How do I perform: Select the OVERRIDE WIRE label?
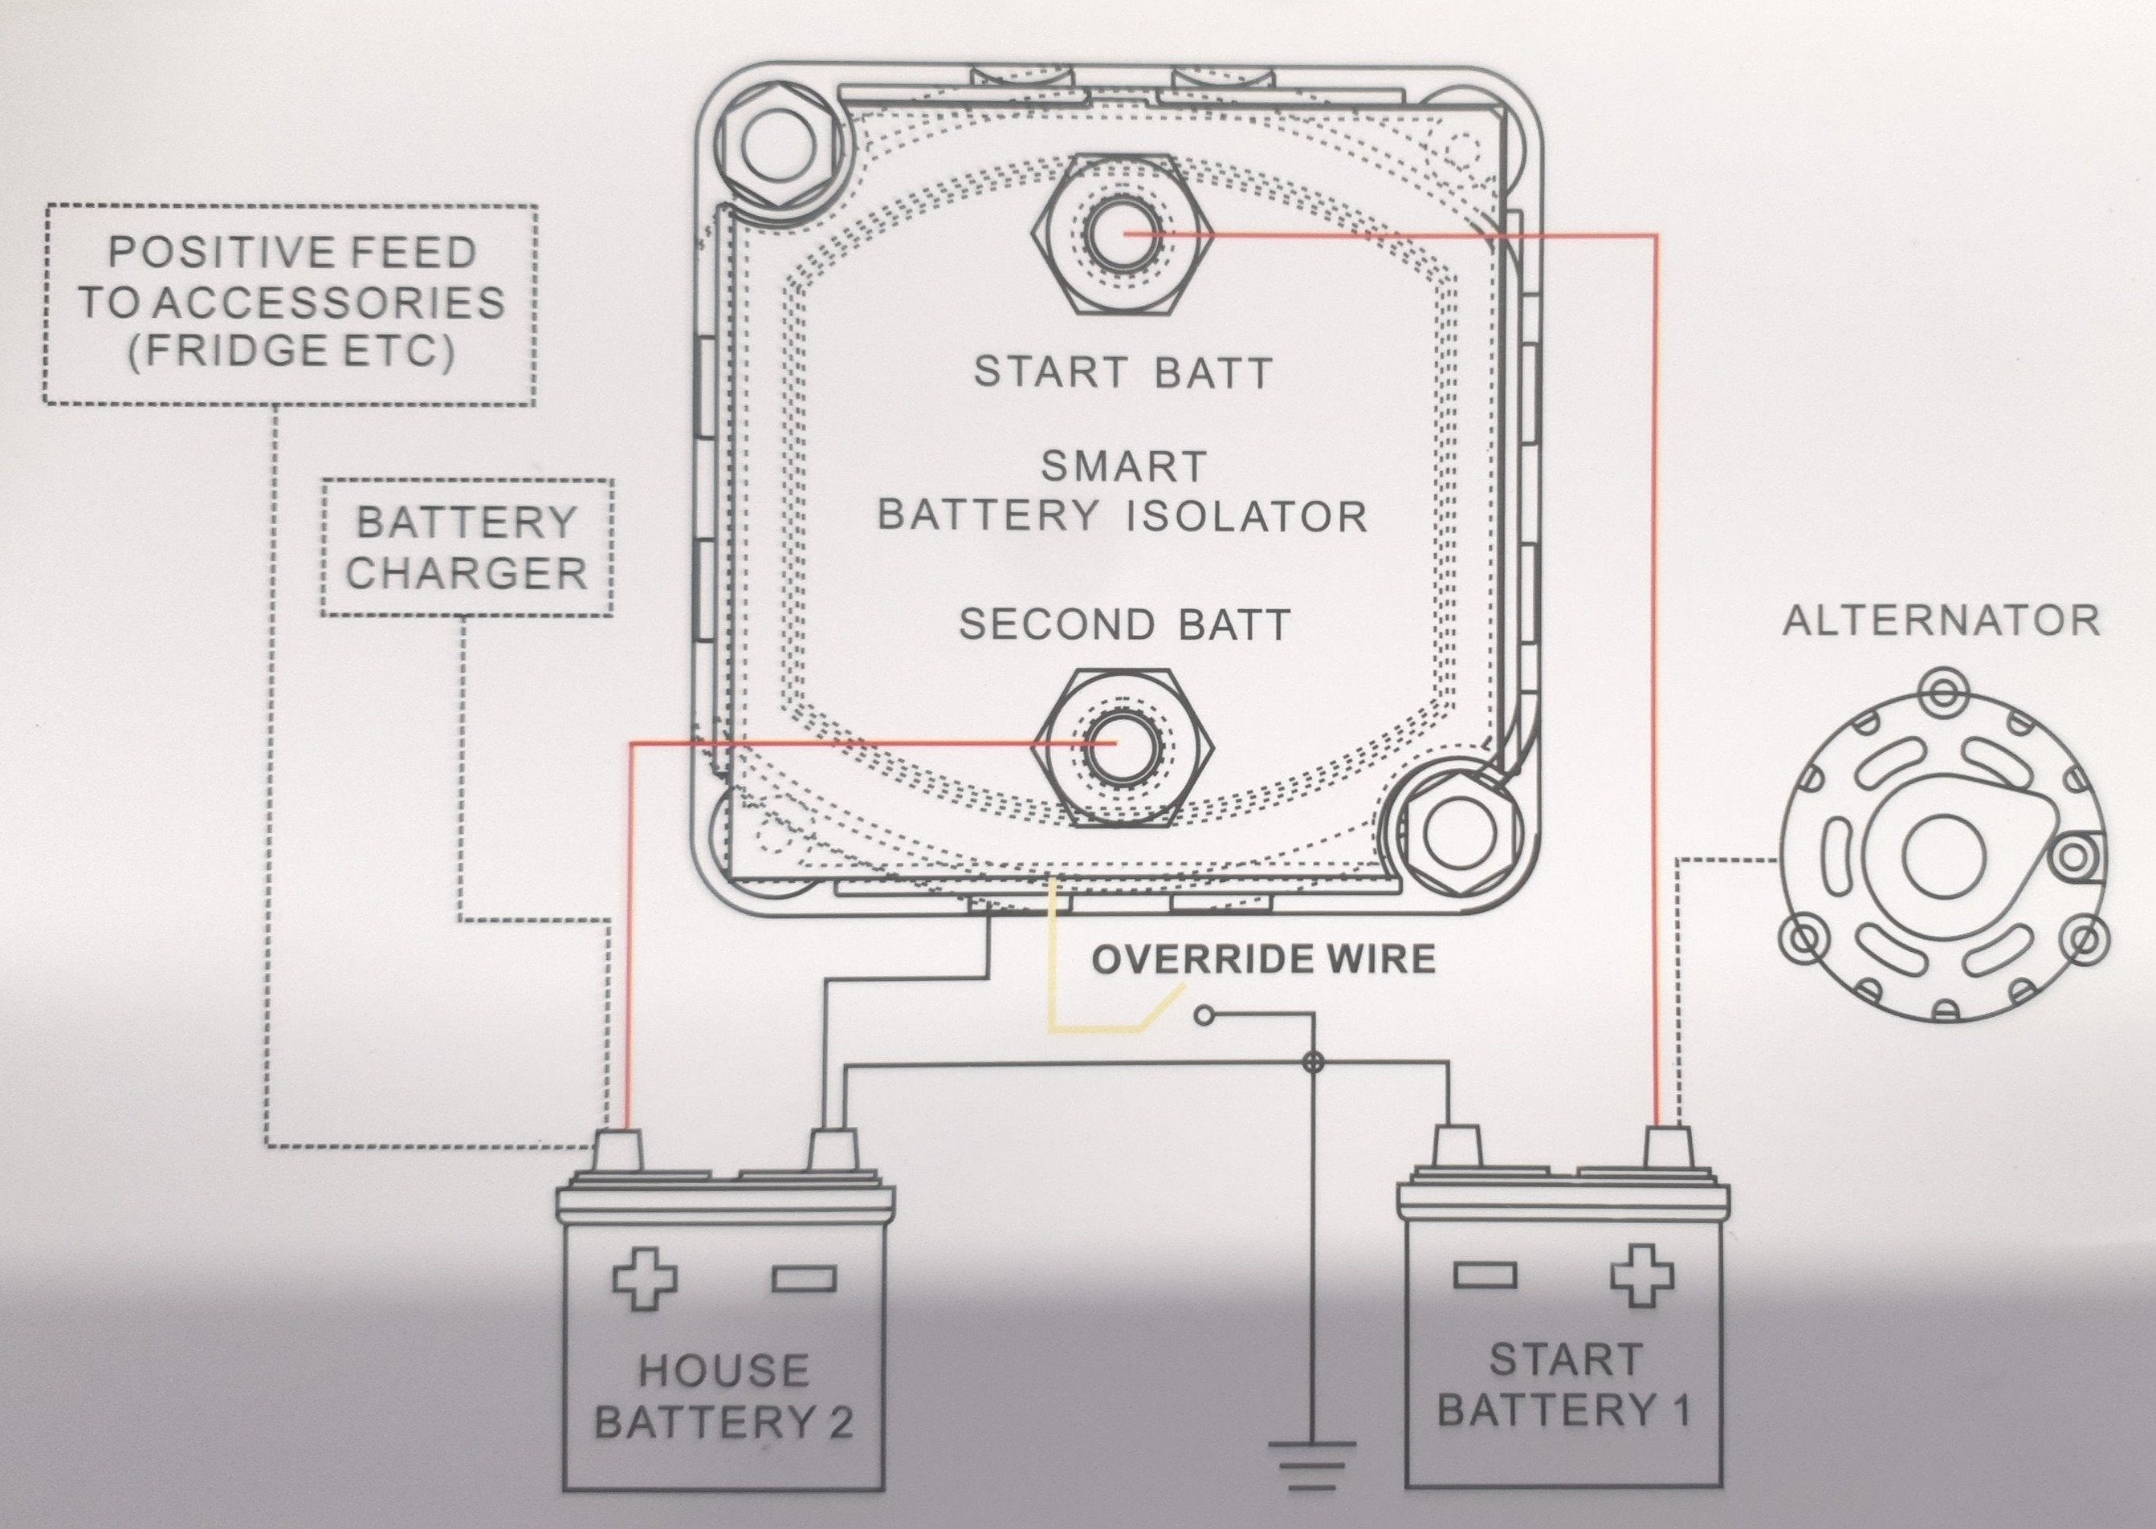tap(1263, 959)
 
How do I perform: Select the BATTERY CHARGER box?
tap(467, 548)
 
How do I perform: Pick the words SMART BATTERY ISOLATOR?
tap(1122, 491)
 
